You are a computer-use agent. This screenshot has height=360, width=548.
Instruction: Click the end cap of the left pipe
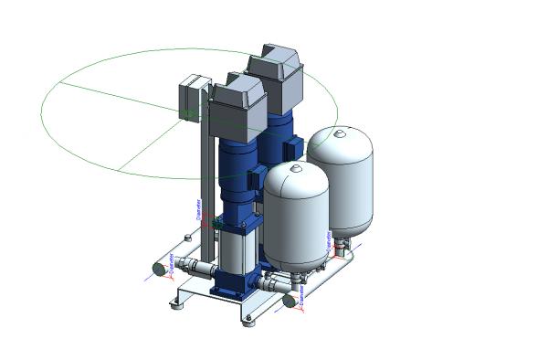[158, 269]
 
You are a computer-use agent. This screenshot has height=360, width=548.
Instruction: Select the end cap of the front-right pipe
[290, 300]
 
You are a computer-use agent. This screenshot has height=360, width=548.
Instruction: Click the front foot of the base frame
[249, 319]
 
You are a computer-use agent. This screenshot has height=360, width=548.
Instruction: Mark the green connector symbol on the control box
[187, 112]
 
